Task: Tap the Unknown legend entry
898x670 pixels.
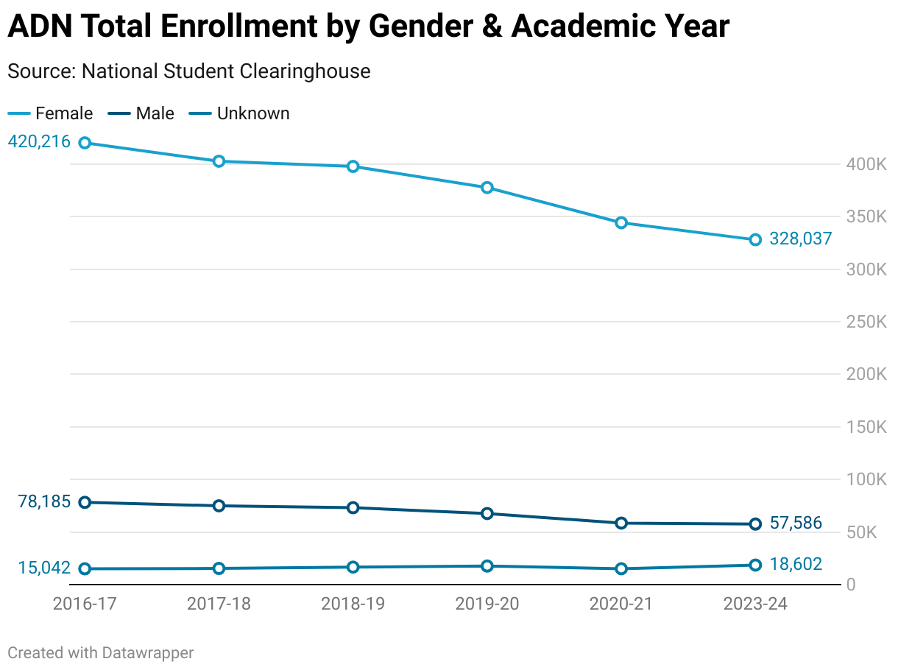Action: pyautogui.click(x=242, y=113)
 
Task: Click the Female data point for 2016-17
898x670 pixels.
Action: pyautogui.click(x=85, y=143)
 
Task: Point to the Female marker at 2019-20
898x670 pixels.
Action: pyautogui.click(x=487, y=188)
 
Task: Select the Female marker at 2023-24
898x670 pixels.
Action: pyautogui.click(x=755, y=240)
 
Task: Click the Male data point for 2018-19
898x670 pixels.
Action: pyautogui.click(x=353, y=507)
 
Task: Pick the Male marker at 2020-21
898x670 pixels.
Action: pyautogui.click(x=621, y=523)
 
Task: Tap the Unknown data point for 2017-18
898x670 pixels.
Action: pyautogui.click(x=219, y=568)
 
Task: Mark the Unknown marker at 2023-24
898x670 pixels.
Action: pyautogui.click(x=755, y=565)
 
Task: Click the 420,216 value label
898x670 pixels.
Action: pyautogui.click(x=39, y=141)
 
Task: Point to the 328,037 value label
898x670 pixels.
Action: pyautogui.click(x=801, y=239)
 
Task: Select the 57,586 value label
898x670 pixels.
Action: pyautogui.click(x=796, y=523)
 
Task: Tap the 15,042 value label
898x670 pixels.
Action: pyautogui.click(x=45, y=568)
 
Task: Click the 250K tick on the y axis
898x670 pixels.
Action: pyautogui.click(x=866, y=322)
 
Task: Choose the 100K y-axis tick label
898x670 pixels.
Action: pyautogui.click(x=866, y=480)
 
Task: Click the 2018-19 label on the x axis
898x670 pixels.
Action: pyautogui.click(x=353, y=604)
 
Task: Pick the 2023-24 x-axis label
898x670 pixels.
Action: pyautogui.click(x=755, y=604)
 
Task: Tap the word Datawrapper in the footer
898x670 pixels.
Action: pyautogui.click(x=148, y=652)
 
